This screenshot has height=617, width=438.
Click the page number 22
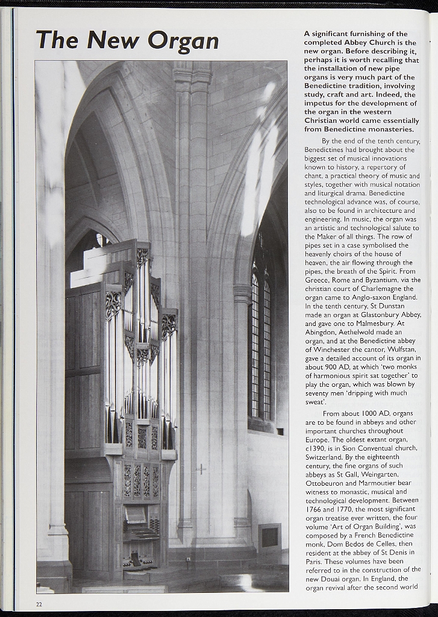tap(39, 604)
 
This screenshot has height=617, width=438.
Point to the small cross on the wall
tap(201, 468)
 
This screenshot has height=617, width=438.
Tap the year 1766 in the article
tap(314, 509)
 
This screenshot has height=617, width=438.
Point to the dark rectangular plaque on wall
tap(269, 537)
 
